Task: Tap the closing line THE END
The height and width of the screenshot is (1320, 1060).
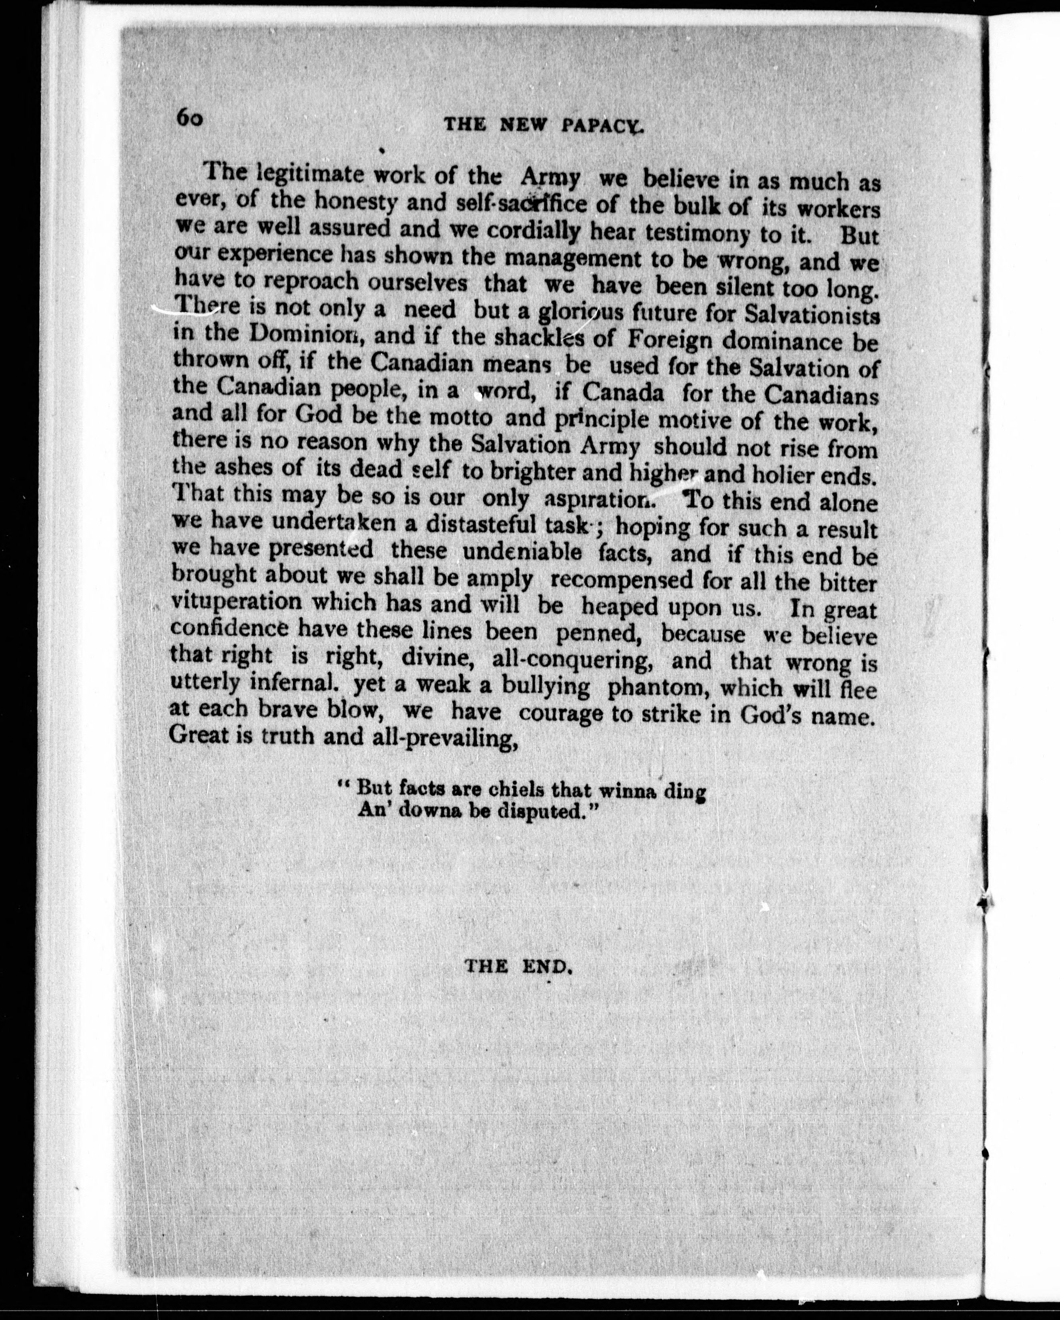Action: tap(519, 966)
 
